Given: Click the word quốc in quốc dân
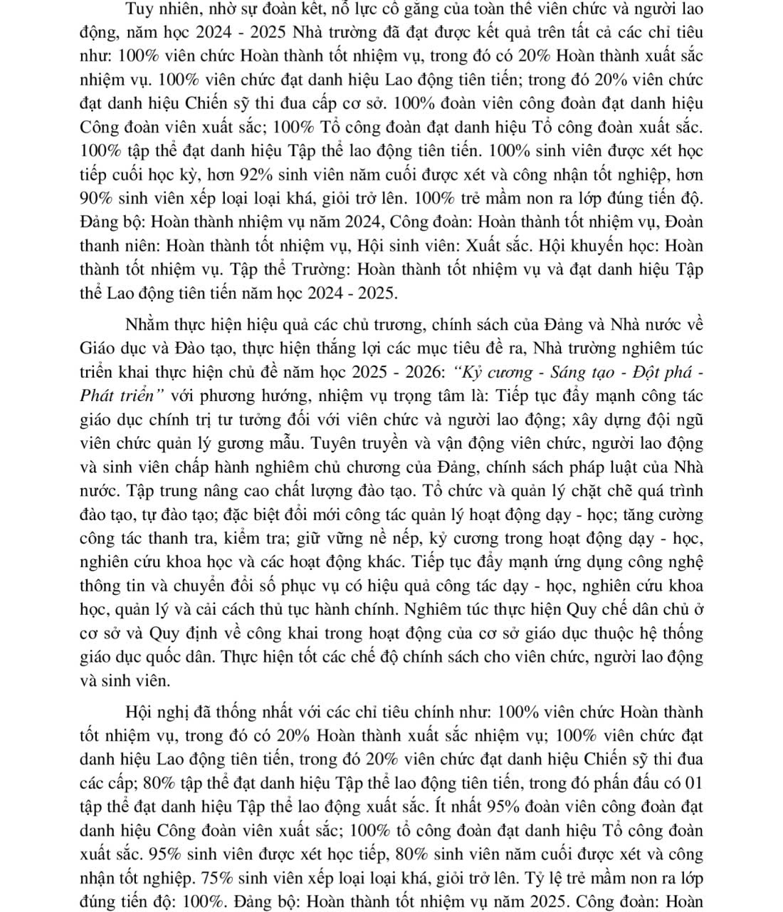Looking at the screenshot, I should coord(184,656).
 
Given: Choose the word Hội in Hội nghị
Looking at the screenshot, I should coord(139,712).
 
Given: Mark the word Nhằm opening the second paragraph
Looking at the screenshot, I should coord(149,326).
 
